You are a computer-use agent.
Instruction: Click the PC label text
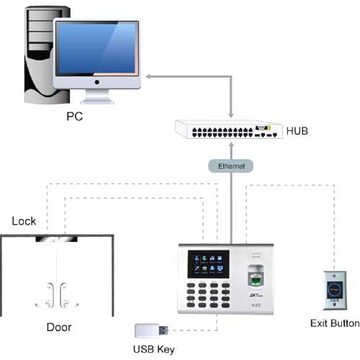pyautogui.click(x=74, y=114)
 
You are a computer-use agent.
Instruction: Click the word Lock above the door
pyautogui.click(x=23, y=222)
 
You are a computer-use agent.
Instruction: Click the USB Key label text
pyautogui.click(x=155, y=350)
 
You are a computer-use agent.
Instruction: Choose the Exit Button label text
pyautogui.click(x=334, y=323)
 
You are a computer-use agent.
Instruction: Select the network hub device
pyautogui.click(x=228, y=130)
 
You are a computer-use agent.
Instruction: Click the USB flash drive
pyautogui.click(x=152, y=331)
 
